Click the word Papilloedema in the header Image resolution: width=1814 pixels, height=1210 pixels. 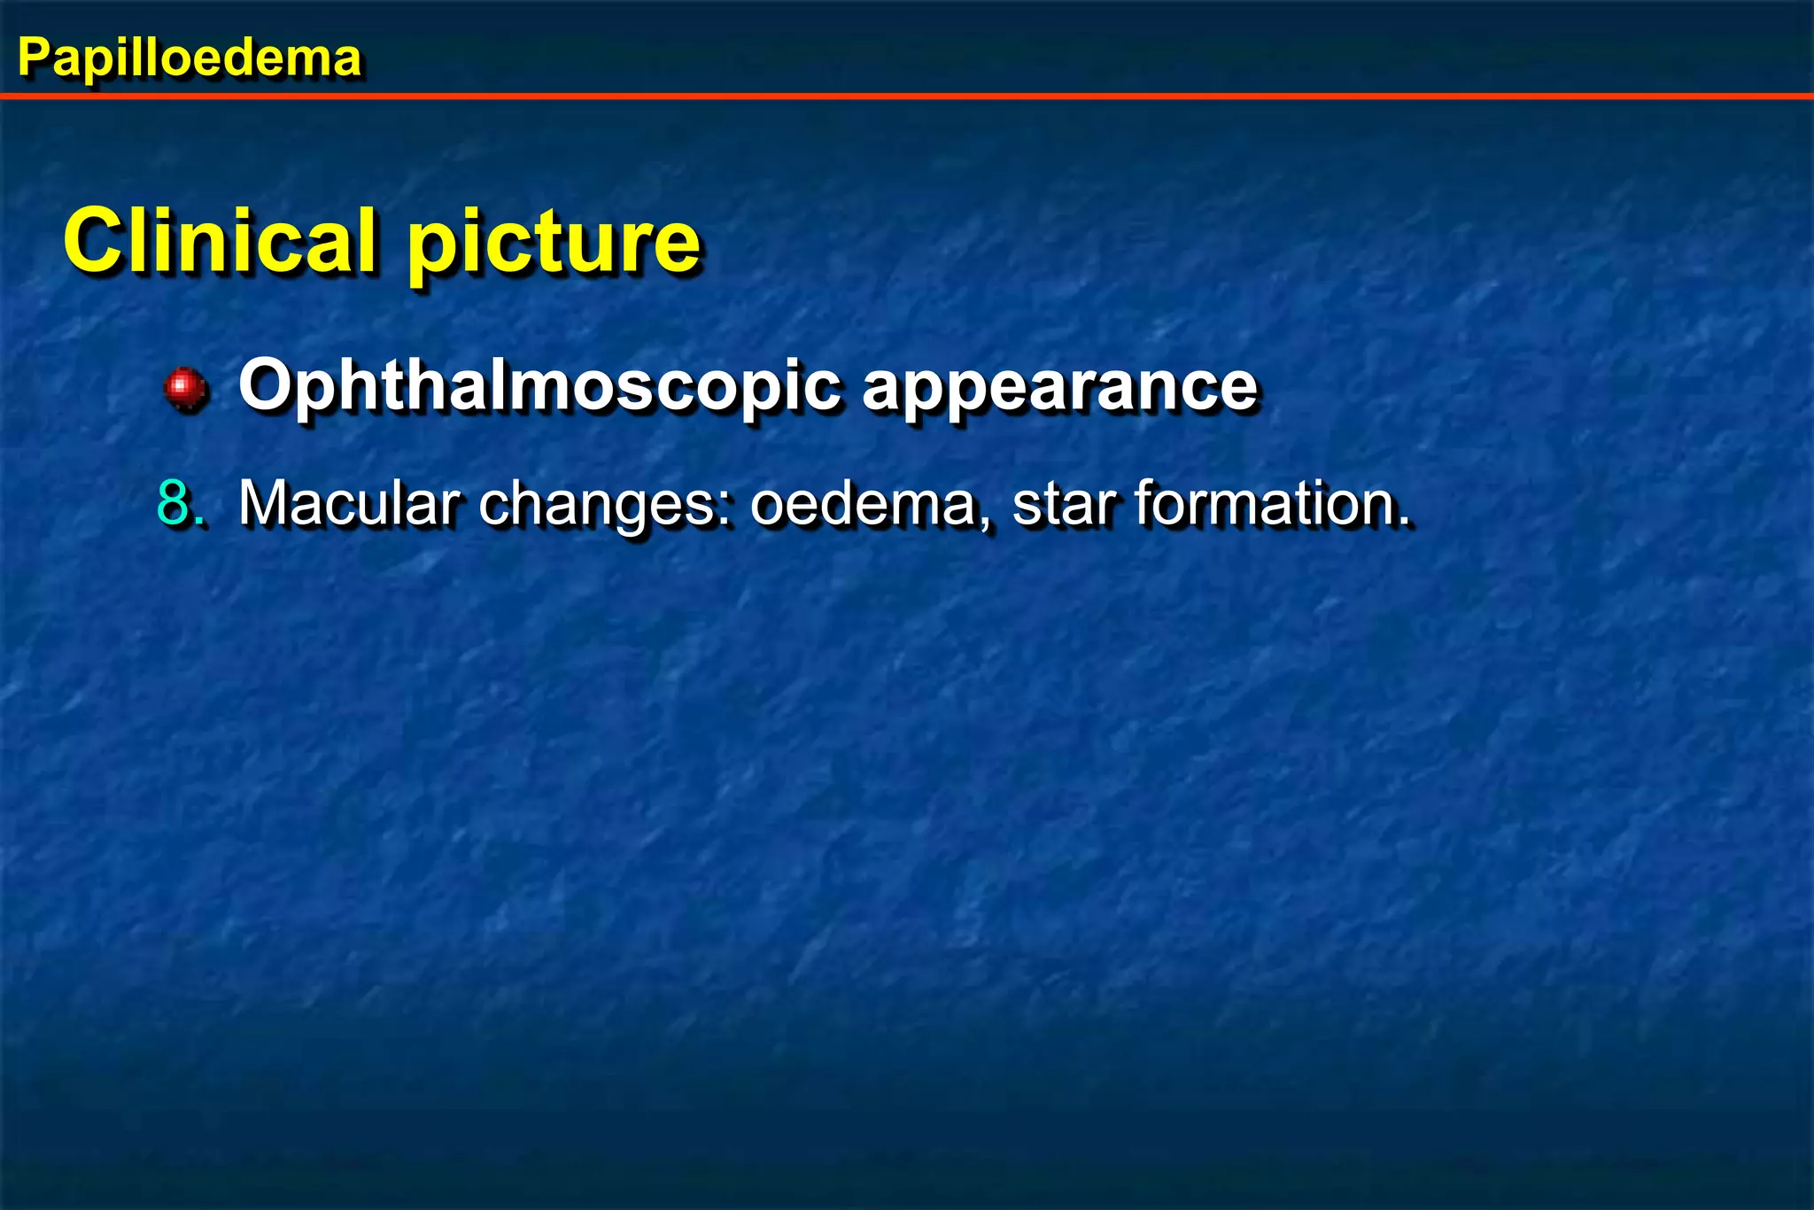[x=190, y=58]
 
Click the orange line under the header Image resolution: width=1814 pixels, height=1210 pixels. [x=907, y=96]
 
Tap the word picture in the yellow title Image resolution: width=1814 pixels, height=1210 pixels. [x=554, y=244]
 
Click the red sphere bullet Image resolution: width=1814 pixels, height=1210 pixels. [x=186, y=388]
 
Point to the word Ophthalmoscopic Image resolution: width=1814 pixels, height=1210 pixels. [x=539, y=386]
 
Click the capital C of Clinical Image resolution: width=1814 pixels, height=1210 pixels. [x=94, y=241]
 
